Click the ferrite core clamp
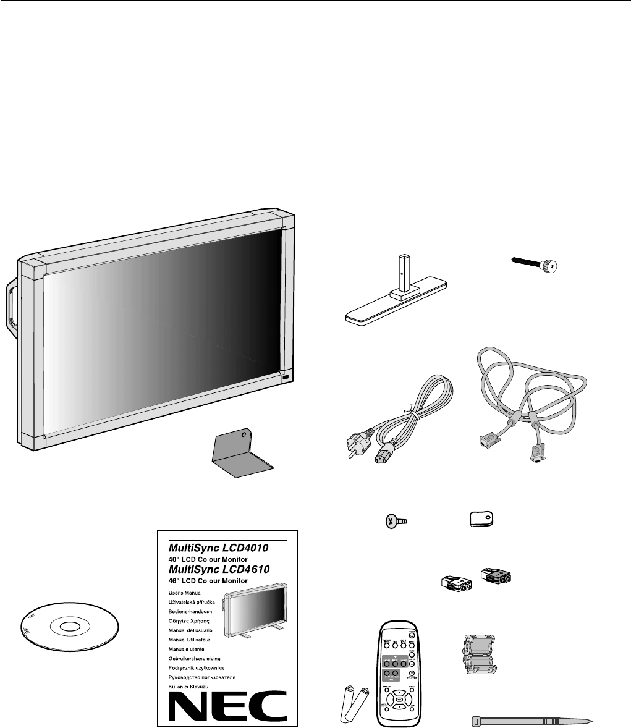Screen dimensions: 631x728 (x=477, y=656)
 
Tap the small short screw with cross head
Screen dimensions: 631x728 (x=394, y=522)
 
